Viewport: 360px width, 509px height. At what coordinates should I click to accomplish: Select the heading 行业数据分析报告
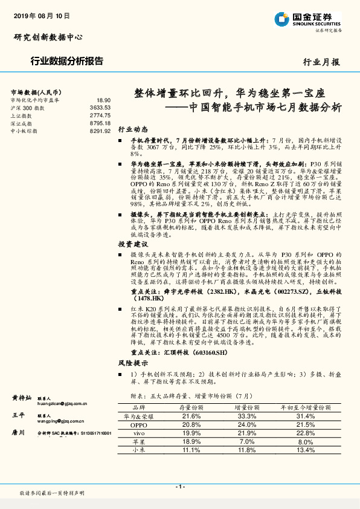[66, 61]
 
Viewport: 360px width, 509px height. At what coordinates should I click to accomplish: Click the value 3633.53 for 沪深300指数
[100, 107]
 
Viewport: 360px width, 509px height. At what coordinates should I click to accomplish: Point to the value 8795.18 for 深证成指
[100, 123]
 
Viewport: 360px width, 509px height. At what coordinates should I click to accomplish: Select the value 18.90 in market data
[103, 100]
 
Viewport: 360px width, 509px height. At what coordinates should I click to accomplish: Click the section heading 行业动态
[133, 129]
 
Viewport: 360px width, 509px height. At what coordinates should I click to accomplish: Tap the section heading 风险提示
[133, 363]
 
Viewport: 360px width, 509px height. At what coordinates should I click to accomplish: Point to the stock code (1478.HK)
[150, 299]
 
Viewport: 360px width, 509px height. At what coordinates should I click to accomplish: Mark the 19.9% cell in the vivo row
[191, 433]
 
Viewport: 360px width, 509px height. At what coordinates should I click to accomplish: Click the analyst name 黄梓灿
[22, 398]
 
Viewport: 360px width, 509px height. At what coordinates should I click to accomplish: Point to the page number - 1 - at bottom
[180, 487]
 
